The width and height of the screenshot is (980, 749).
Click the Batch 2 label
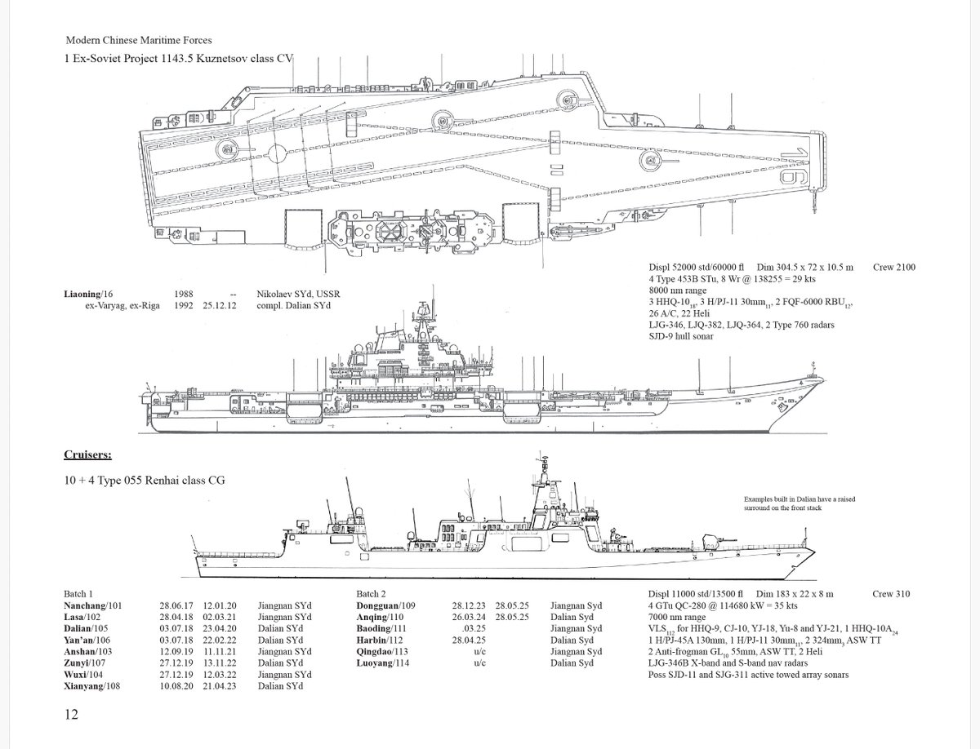(x=376, y=594)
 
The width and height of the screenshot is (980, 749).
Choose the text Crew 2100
(x=893, y=267)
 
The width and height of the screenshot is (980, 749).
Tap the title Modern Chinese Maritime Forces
(x=139, y=39)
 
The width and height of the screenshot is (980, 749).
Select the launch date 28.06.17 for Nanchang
(x=176, y=605)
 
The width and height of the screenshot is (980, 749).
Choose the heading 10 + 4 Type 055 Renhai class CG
(x=145, y=480)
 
